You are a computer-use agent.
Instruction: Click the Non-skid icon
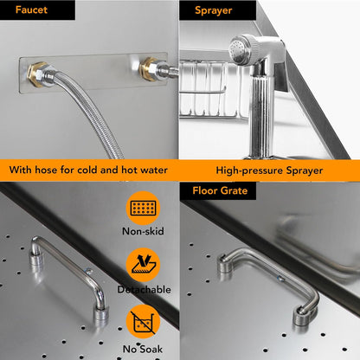click(x=143, y=209)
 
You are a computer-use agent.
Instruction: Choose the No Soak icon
click(x=143, y=323)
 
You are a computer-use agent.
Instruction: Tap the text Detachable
click(x=143, y=290)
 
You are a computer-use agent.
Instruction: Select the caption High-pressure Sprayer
click(x=269, y=170)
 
